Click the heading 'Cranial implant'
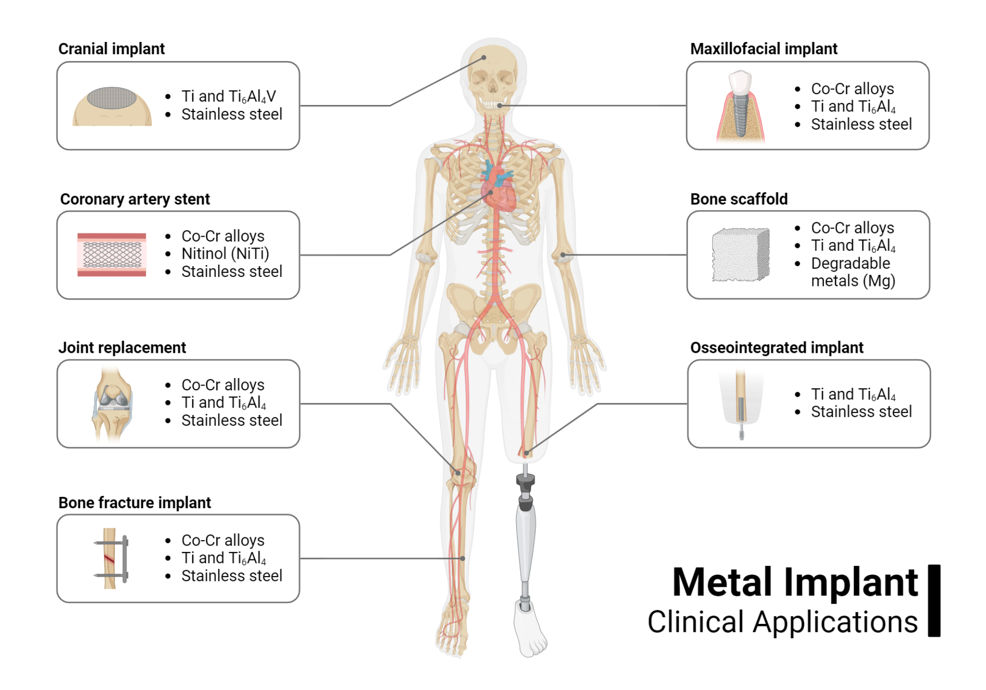tap(111, 49)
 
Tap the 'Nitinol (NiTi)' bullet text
tap(225, 253)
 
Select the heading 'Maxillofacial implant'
tap(764, 49)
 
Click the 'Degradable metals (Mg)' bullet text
tap(852, 272)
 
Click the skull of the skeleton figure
tap(493, 74)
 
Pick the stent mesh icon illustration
tap(112, 255)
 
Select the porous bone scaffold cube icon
tap(740, 254)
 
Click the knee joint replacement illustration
tap(112, 403)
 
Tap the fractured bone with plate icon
tap(111, 558)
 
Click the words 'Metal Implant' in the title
tap(795, 583)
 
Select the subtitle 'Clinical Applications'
tap(782, 622)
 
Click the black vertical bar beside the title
tap(934, 600)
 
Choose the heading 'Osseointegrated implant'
tap(776, 347)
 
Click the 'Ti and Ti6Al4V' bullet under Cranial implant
tap(228, 96)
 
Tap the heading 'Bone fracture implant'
tap(135, 503)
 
